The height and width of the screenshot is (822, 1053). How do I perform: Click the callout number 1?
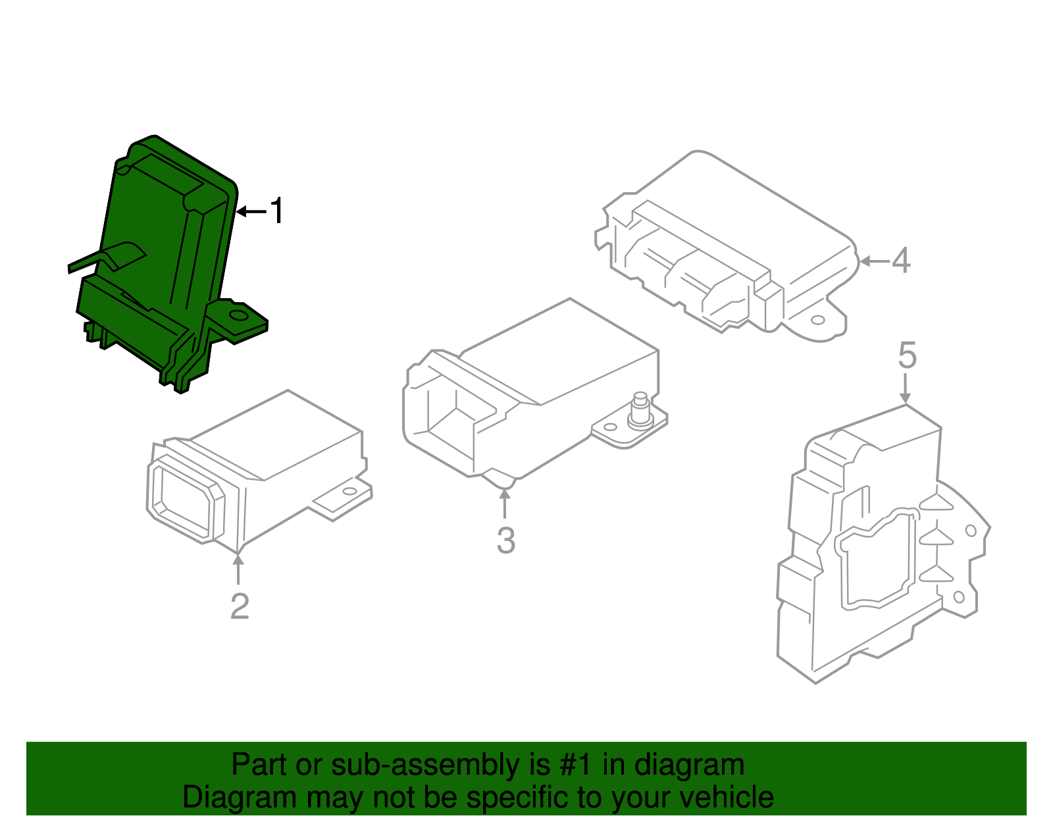278,211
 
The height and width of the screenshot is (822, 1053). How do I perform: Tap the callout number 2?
240,606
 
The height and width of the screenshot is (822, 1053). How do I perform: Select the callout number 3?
505,540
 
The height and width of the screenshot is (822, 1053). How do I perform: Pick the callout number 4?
901,261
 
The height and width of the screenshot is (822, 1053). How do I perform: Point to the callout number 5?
907,356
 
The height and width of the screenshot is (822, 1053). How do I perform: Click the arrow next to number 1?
251,211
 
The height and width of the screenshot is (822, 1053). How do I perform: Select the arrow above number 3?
505,503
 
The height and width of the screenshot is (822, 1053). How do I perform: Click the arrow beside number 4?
875,261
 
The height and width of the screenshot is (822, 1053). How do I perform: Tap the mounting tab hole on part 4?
817,321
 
